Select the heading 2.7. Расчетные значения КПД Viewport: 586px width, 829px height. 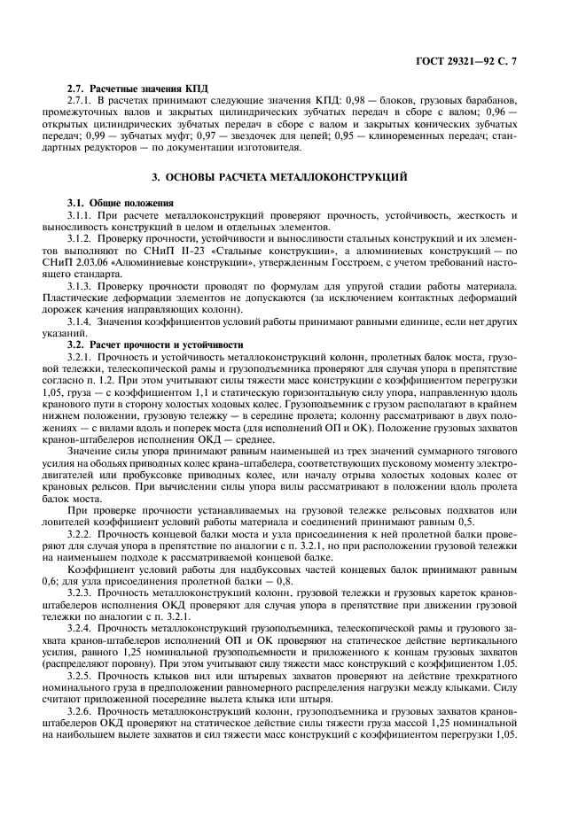pos(137,91)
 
